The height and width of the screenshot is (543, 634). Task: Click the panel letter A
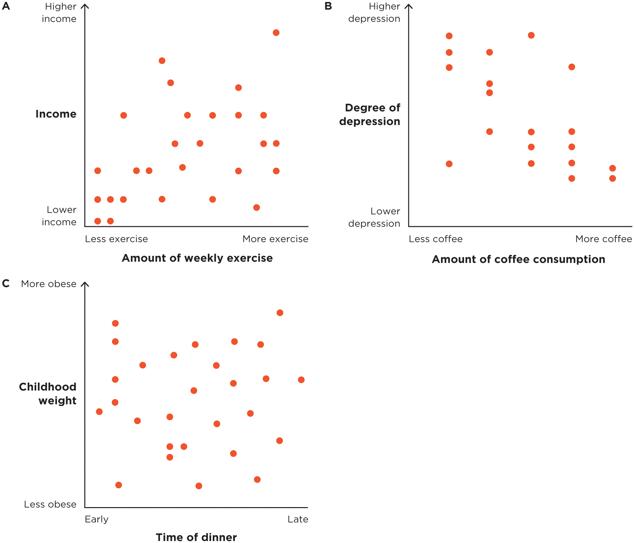pyautogui.click(x=6, y=6)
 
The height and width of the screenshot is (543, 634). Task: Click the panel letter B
pyautogui.click(x=328, y=6)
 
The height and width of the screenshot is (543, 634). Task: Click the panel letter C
pyautogui.click(x=6, y=284)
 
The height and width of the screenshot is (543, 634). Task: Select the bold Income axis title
pyautogui.click(x=56, y=114)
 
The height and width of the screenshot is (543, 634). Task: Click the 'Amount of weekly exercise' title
pyautogui.click(x=197, y=258)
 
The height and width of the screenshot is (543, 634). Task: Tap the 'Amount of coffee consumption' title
pyautogui.click(x=518, y=259)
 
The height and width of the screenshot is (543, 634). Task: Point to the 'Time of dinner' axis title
pyautogui.click(x=196, y=537)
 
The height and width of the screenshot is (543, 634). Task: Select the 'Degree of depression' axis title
pyautogui.click(x=370, y=115)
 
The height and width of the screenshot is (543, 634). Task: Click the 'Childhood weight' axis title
pyautogui.click(x=48, y=394)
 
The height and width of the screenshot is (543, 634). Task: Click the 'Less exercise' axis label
pyautogui.click(x=116, y=239)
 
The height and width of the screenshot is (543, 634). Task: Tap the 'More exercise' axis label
pyautogui.click(x=275, y=239)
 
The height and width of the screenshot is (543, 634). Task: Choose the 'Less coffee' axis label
pyautogui.click(x=435, y=239)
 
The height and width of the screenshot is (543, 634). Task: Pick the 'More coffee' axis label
pyautogui.click(x=603, y=239)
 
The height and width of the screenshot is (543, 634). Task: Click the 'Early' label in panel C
pyautogui.click(x=96, y=519)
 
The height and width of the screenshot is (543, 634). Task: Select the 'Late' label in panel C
pyautogui.click(x=298, y=519)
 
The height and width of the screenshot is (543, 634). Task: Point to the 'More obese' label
pyautogui.click(x=49, y=284)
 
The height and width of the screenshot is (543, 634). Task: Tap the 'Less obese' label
pyautogui.click(x=50, y=504)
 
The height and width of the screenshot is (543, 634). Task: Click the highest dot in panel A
pyautogui.click(x=276, y=33)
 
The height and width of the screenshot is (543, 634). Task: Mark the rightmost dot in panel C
pyautogui.click(x=301, y=380)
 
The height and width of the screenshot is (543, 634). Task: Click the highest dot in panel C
pyautogui.click(x=280, y=313)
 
